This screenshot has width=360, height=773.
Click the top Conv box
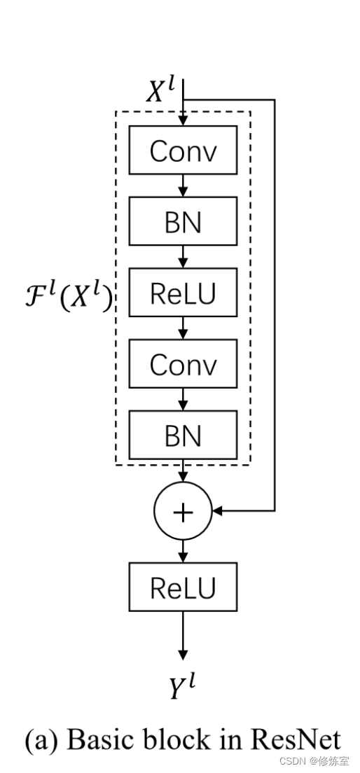[x=183, y=151]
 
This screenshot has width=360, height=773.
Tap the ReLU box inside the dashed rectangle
[x=183, y=293]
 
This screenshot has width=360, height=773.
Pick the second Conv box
[x=183, y=364]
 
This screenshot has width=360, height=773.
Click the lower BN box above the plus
[x=183, y=435]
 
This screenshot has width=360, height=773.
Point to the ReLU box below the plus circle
[x=183, y=586]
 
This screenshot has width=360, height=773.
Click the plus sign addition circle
[x=183, y=512]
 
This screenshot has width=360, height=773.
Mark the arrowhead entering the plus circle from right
[x=217, y=512]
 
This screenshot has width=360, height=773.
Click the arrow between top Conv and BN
[x=183, y=186]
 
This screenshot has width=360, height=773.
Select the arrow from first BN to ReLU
[x=183, y=257]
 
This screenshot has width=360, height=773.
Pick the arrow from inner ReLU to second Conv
[x=183, y=328]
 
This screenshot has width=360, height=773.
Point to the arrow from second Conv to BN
[x=183, y=399]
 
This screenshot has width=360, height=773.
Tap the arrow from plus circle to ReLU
[x=183, y=550]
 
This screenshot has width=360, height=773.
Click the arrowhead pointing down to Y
[x=183, y=654]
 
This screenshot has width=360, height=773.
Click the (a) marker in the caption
[x=41, y=740]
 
